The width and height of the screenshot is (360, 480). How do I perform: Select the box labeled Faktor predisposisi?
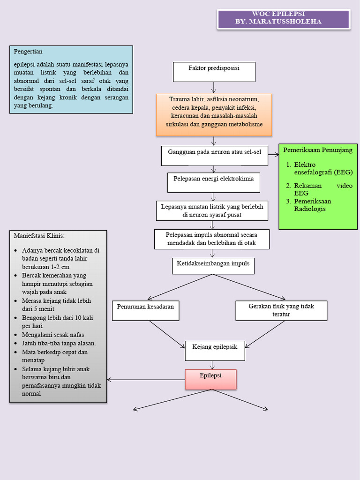point(214,72)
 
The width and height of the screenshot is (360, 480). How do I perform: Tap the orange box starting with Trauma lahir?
point(214,115)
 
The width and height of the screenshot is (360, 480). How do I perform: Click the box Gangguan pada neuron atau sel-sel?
point(215,156)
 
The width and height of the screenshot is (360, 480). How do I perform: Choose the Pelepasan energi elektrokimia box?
point(214,182)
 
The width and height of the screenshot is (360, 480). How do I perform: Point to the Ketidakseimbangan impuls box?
point(213,266)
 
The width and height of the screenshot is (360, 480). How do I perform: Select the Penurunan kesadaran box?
point(145,310)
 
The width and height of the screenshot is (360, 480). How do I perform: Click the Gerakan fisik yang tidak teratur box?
point(281,310)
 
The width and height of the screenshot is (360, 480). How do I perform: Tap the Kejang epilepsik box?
point(215,351)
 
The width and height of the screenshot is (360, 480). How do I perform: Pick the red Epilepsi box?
point(210,379)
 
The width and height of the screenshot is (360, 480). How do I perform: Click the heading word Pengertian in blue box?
point(29,52)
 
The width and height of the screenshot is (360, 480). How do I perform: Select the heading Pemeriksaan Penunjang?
point(318,150)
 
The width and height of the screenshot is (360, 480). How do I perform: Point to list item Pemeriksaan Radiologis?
point(312,205)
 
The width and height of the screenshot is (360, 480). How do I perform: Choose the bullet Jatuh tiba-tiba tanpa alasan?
point(59,343)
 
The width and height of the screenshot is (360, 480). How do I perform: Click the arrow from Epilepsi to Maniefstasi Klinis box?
point(145,379)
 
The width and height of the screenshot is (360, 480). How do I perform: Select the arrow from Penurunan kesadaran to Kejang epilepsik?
point(167,334)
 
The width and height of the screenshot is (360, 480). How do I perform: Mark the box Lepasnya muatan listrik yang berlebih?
point(212,211)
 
